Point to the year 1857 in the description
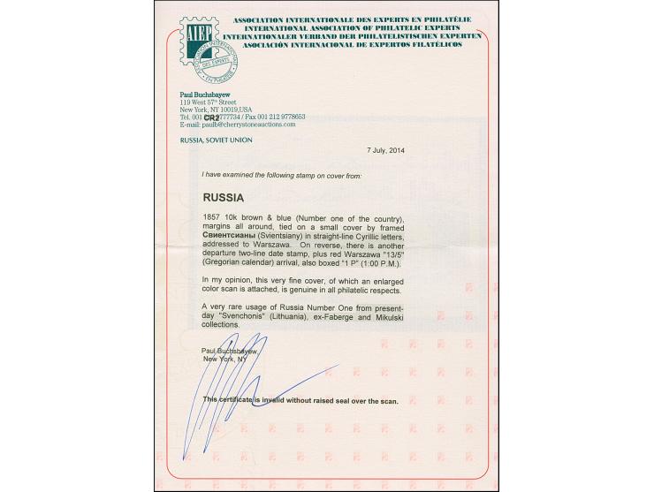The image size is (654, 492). coord(212,216)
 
